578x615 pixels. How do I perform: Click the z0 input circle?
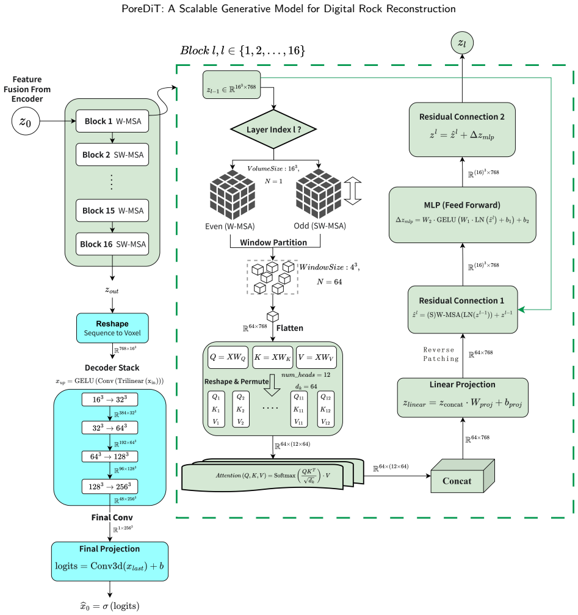point(26,121)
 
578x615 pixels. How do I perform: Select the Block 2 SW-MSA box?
point(112,155)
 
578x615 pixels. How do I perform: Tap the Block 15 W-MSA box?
point(112,211)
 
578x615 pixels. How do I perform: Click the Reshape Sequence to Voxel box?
point(112,329)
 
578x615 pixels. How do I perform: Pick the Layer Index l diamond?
point(273,129)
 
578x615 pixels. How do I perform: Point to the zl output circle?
point(462,43)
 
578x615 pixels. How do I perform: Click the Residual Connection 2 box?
point(462,130)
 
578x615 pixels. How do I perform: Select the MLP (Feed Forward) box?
point(463,215)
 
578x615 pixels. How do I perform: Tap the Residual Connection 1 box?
point(463,310)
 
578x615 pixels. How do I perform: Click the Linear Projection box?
point(463,398)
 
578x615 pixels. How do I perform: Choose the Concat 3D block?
point(463,476)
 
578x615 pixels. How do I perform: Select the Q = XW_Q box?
point(228,357)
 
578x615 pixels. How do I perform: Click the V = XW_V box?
point(316,357)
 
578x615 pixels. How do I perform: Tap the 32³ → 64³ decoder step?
point(110,428)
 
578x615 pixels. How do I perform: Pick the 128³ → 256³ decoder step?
point(110,487)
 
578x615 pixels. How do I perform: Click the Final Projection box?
point(110,561)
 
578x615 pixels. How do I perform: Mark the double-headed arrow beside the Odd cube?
point(353,191)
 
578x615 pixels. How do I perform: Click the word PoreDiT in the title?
point(143,9)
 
